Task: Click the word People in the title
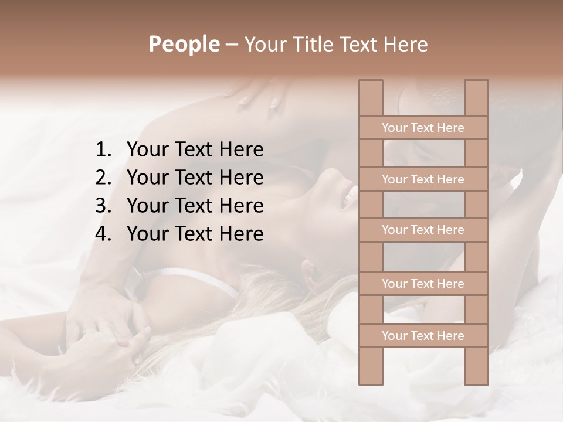[x=184, y=45]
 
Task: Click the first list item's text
[x=195, y=150]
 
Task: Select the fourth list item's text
[x=195, y=234]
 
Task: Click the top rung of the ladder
[x=423, y=128]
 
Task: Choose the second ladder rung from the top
[x=423, y=179]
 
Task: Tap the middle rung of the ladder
[x=423, y=230]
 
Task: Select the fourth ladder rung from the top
[x=423, y=284]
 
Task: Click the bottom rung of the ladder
[x=423, y=336]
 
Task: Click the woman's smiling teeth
[x=350, y=193]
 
